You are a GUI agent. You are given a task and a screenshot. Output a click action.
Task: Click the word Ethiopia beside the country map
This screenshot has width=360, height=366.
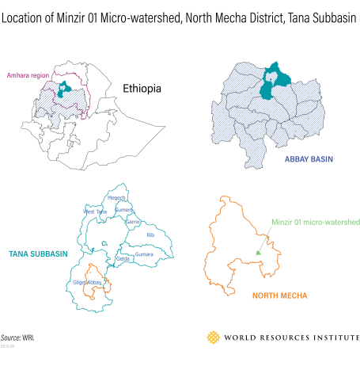point(142,89)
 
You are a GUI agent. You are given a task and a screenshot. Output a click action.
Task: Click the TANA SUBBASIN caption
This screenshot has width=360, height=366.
point(38,254)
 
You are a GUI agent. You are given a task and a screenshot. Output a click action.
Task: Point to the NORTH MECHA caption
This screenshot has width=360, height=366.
point(279,295)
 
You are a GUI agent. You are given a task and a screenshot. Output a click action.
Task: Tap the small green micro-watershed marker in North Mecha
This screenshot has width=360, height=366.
point(258,252)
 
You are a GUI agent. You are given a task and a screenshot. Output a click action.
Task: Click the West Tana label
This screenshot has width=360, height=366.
point(95,212)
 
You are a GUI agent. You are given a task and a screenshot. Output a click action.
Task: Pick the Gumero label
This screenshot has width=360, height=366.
point(124,210)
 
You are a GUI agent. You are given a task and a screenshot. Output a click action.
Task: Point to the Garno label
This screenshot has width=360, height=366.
point(132,223)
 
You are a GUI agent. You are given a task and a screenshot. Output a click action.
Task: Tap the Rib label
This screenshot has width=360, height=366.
point(150,234)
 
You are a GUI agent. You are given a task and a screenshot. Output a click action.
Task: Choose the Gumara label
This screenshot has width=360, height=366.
point(144,254)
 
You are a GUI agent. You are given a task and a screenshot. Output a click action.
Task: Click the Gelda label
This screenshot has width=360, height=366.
point(123,259)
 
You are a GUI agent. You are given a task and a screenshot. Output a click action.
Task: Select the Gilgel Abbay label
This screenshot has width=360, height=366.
point(89,282)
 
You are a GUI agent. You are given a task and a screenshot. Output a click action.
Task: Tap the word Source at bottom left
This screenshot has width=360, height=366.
point(11,337)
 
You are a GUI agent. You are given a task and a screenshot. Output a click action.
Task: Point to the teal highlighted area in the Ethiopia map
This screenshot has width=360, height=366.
point(63,90)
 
